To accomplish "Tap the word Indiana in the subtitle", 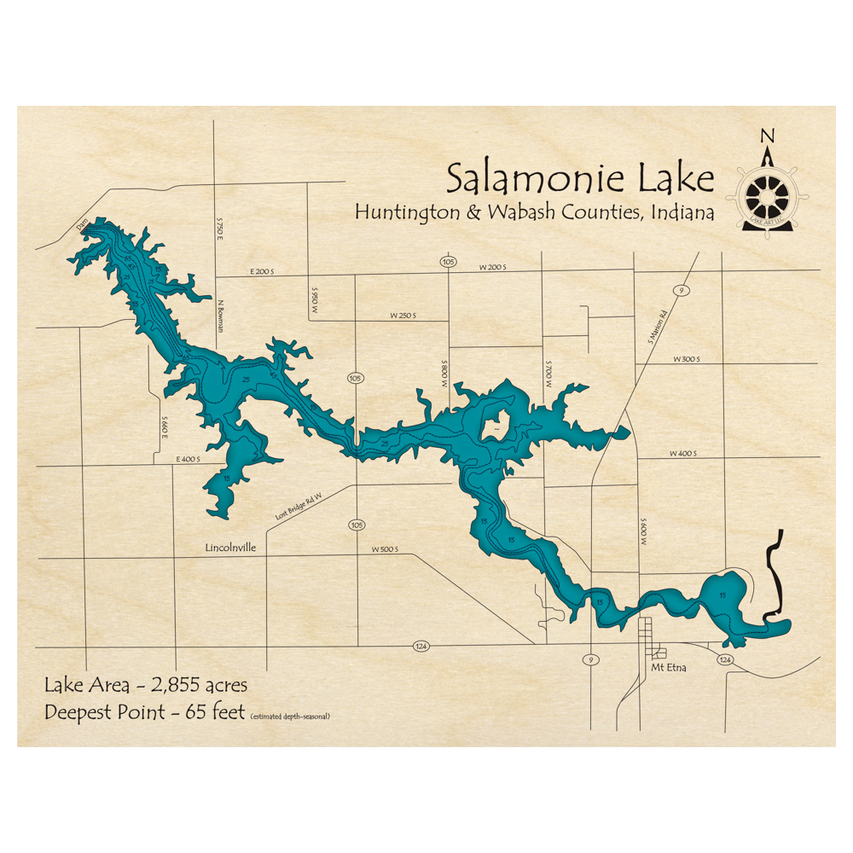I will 682,213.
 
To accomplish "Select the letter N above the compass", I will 768,136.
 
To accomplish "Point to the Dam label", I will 83,225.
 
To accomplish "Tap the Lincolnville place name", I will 230,548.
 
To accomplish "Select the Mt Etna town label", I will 668,669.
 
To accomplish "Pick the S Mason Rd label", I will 654,328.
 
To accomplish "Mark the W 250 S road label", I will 403,316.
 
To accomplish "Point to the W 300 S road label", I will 685,359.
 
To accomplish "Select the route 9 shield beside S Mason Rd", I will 680,292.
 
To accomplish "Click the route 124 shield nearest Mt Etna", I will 725,660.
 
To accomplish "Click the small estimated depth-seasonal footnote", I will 290,716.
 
